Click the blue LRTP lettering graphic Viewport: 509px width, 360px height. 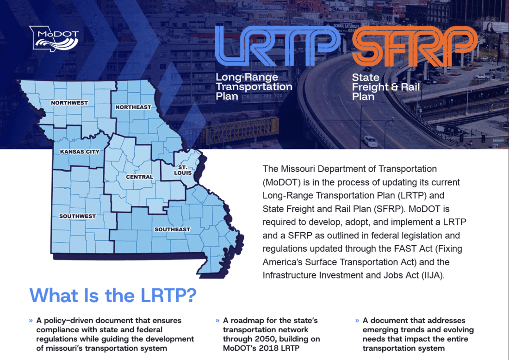pos(277,46)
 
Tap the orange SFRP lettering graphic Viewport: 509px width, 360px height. pos(415,46)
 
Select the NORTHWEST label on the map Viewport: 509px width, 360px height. pos(69,103)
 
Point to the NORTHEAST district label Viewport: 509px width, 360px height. pos(133,107)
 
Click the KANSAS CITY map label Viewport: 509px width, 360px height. pos(80,152)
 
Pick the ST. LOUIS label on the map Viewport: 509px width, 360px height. pos(183,170)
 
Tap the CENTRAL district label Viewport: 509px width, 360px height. pos(140,177)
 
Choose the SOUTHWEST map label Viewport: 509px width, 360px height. pos(77,216)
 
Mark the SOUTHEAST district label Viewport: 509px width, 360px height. pos(172,230)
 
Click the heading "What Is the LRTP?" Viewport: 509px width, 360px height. pos(113,295)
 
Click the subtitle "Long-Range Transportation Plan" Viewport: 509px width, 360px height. pos(254,87)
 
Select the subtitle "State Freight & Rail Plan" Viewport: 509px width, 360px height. pos(385,87)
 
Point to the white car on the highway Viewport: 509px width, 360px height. pos(370,141)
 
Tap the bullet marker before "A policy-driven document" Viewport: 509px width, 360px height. pos(31,321)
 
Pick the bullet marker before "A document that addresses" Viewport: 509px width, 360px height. pos(357,321)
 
